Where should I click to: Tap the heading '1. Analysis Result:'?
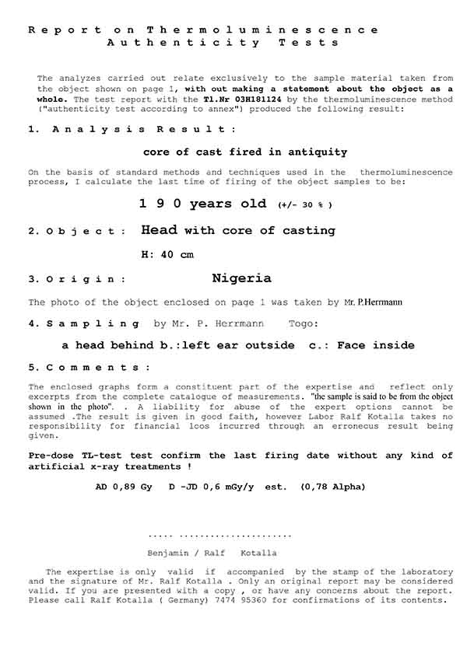pyautogui.click(x=132, y=129)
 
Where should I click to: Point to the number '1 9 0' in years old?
pyautogui.click(x=159, y=204)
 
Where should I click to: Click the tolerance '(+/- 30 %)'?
pyautogui.click(x=304, y=206)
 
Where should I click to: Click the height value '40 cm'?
pyautogui.click(x=175, y=254)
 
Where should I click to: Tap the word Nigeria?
pyautogui.click(x=241, y=278)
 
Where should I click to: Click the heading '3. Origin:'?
pyautogui.click(x=76, y=279)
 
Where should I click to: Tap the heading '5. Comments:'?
pyautogui.click(x=90, y=367)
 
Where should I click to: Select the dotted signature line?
pyautogui.click(x=219, y=536)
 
